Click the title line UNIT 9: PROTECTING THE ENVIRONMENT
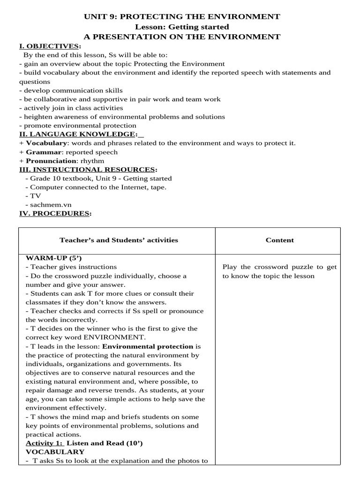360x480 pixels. click(181, 17)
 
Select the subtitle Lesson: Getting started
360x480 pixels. click(182, 27)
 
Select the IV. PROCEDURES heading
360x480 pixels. click(53, 214)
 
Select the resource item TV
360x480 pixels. click(35, 196)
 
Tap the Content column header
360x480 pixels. click(280, 240)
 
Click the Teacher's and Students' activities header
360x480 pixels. click(119, 240)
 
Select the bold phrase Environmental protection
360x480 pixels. click(148, 346)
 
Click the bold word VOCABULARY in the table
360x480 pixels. click(55, 452)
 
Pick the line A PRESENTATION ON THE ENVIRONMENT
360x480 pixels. click(182, 37)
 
